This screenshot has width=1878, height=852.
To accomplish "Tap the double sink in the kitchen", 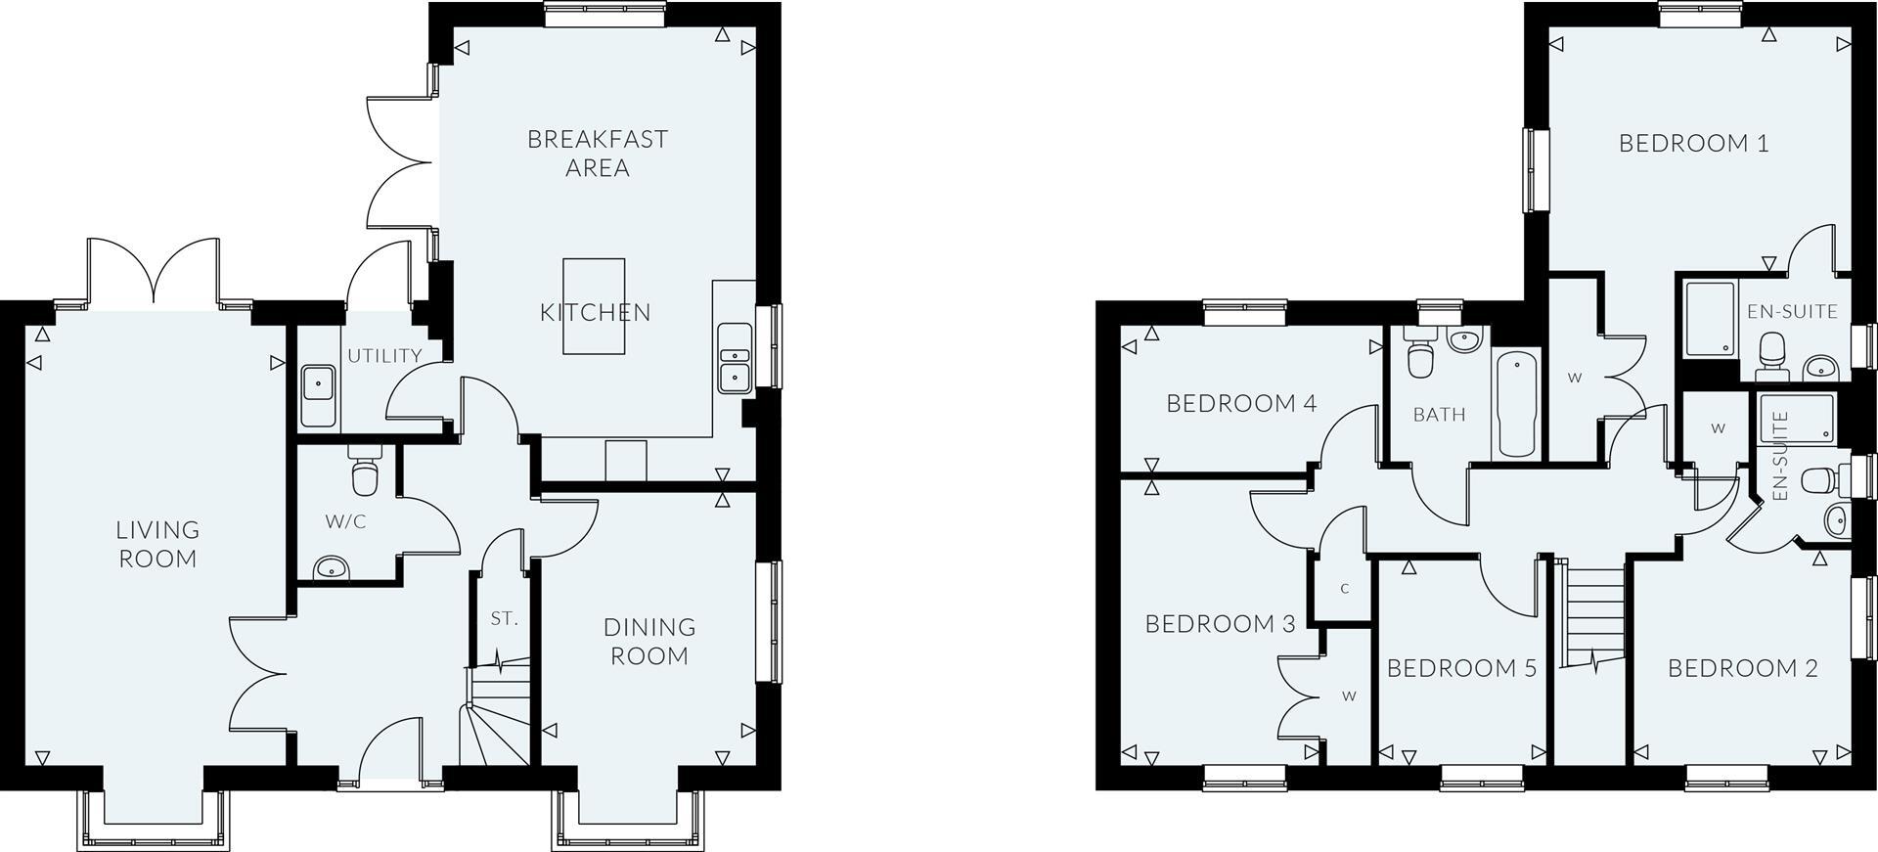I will (x=733, y=358).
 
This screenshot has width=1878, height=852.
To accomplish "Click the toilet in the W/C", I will (x=365, y=474).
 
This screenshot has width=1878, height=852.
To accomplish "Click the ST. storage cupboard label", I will (x=504, y=618).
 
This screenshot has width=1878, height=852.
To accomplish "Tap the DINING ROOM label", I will (x=649, y=642).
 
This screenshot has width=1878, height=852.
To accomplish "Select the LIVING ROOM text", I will (x=157, y=544).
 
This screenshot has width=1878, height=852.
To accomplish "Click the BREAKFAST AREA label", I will (x=598, y=154).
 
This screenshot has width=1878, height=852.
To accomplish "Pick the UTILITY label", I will (x=384, y=356).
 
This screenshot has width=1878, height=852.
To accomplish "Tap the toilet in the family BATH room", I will (x=1419, y=358).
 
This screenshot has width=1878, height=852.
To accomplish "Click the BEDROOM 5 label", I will (x=1461, y=668).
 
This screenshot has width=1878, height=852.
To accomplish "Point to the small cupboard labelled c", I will (x=1344, y=588).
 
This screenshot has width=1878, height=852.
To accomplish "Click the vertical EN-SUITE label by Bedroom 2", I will (x=1779, y=456).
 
